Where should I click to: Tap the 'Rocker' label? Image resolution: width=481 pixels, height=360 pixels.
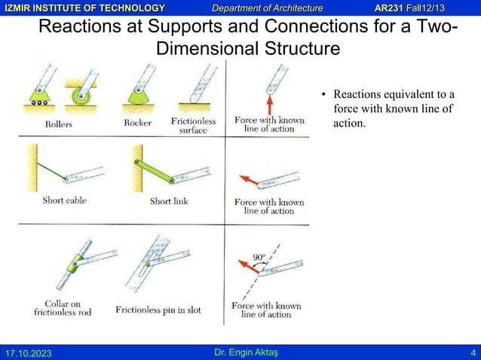point(137,122)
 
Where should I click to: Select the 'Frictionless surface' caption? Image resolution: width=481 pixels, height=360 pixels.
point(193,125)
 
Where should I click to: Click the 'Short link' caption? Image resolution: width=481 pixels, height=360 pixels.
point(170,201)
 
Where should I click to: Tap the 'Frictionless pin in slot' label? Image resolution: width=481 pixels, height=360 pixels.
point(158,310)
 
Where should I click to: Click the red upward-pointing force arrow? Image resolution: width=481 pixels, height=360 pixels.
point(268,102)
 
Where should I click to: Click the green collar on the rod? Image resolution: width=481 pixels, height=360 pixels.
point(75,262)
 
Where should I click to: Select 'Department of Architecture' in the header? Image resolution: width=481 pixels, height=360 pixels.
point(267,8)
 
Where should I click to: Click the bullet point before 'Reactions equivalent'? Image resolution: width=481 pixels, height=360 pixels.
point(323,96)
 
